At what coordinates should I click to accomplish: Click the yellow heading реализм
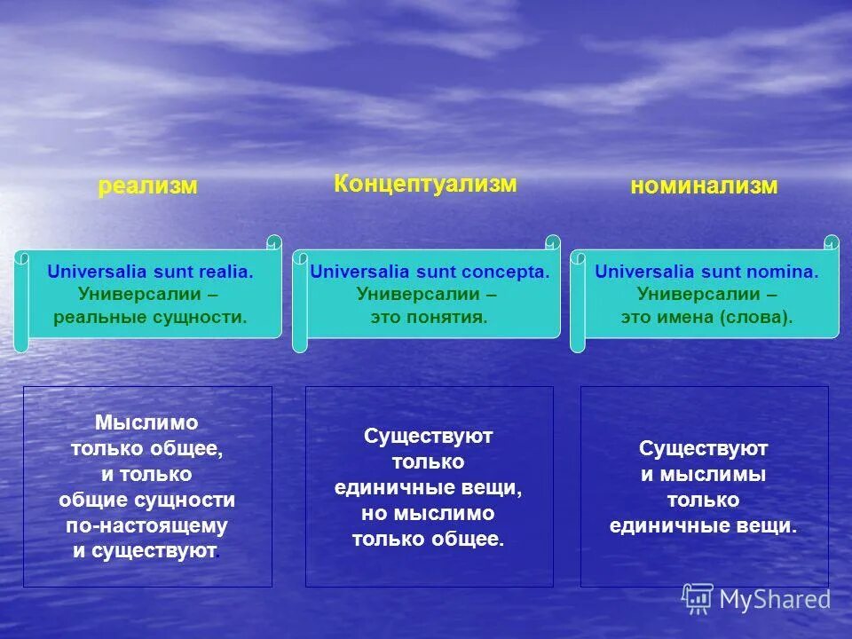[147, 186]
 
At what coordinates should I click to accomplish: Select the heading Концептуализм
[425, 184]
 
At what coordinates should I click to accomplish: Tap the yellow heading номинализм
[704, 185]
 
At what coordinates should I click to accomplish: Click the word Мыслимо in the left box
[146, 423]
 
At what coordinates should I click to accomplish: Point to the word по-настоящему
[146, 525]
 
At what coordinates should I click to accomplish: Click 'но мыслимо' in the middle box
[428, 513]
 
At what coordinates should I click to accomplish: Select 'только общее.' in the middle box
[428, 539]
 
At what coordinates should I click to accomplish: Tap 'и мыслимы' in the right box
[704, 475]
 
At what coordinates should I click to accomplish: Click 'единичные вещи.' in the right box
[704, 526]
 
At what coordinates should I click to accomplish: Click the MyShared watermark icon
[698, 598]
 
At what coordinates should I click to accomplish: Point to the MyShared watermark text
[775, 600]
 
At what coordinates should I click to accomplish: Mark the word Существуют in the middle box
[428, 436]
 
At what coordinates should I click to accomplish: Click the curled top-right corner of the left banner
[274, 241]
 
